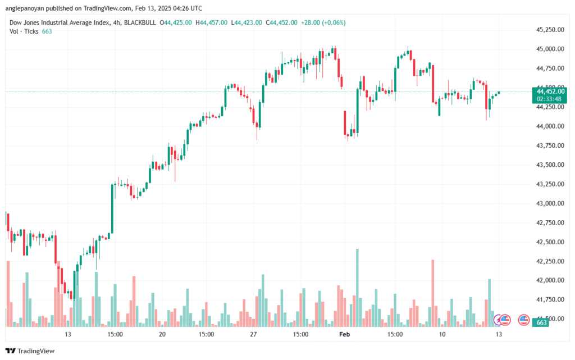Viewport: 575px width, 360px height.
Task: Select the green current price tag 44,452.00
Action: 551,91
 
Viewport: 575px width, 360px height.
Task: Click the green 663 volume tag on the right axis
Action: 542,323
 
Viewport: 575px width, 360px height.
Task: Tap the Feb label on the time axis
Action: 345,334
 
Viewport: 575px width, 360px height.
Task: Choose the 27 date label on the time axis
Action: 253,334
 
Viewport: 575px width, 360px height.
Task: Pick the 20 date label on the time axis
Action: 162,334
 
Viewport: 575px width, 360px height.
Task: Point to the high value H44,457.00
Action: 213,22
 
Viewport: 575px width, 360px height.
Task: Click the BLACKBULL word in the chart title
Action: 141,22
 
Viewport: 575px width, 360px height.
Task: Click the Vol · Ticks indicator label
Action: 24,31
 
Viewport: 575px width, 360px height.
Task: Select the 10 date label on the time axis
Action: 442,334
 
